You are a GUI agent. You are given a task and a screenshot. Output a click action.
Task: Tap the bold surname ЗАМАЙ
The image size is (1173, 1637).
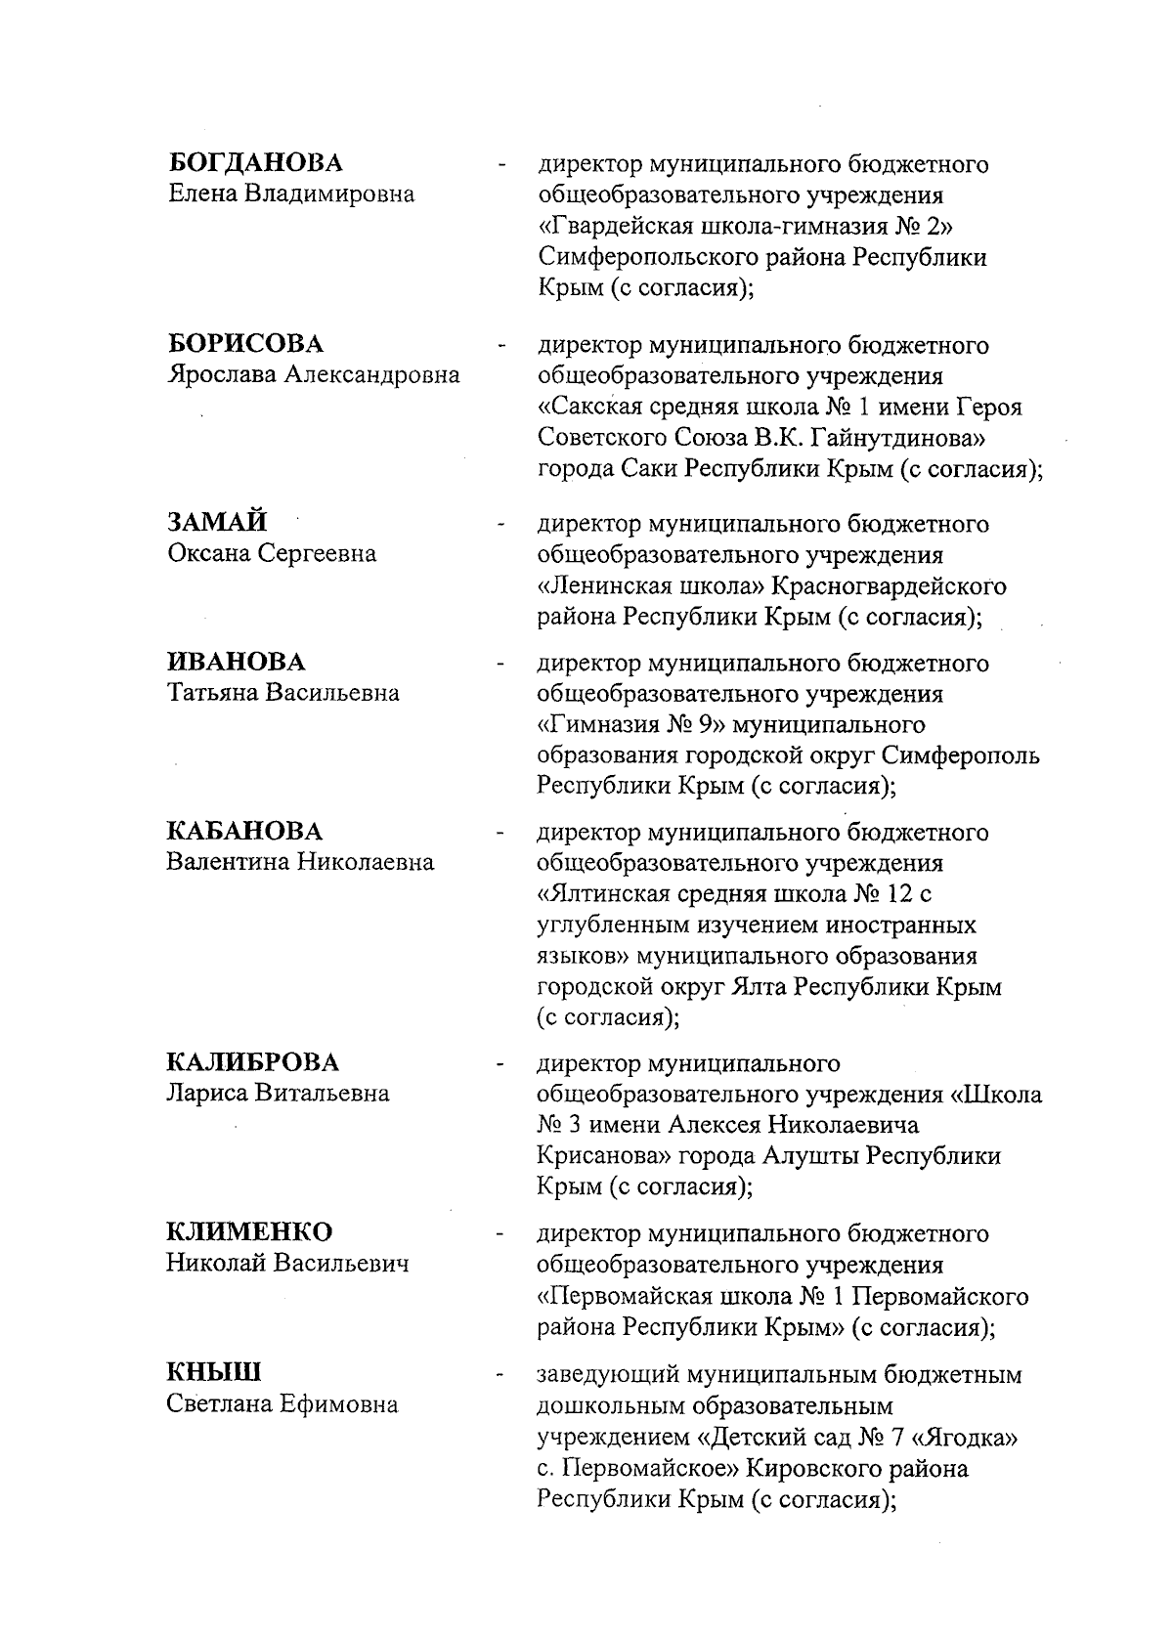(x=217, y=523)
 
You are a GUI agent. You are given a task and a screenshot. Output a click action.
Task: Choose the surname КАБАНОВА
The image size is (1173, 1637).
(x=244, y=832)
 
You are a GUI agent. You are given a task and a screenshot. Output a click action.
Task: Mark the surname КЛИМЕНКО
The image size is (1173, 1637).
(x=249, y=1231)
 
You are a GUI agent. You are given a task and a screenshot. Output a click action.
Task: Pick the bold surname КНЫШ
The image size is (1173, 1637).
(x=214, y=1373)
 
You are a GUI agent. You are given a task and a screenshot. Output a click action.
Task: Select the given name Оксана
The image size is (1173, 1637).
(x=209, y=554)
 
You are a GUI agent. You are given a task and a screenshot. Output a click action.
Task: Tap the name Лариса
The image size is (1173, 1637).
(x=207, y=1094)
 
